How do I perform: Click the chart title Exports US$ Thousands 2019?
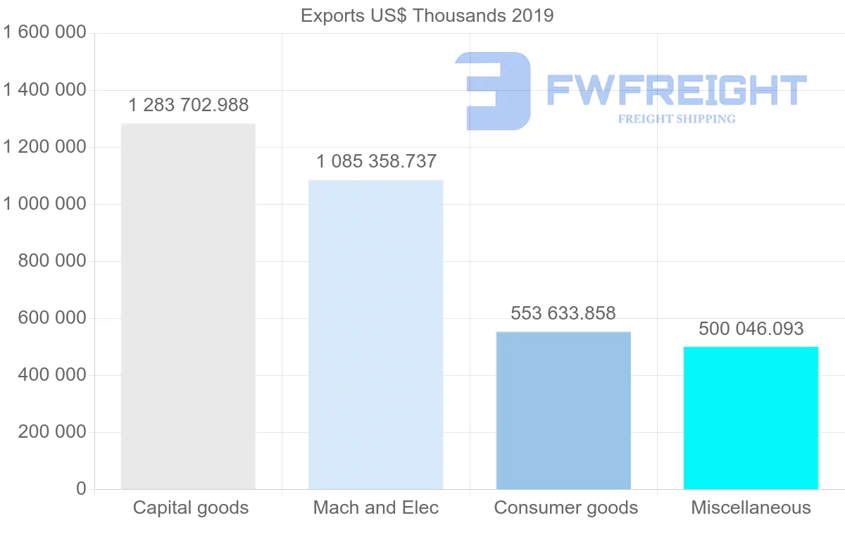coord(427,15)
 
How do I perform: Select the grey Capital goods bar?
coord(188,306)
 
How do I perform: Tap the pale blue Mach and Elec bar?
coord(376,334)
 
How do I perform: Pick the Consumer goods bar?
coord(563,410)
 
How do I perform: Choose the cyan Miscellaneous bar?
coord(751,418)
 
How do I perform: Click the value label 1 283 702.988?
coord(188,106)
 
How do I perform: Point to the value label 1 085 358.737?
coord(376,162)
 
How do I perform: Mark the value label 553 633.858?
coord(563,313)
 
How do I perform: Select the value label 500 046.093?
coord(751,329)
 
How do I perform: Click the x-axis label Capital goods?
coord(191,507)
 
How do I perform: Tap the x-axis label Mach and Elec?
coord(376,507)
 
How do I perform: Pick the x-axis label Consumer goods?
coord(566,507)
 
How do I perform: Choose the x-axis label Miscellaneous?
coord(751,507)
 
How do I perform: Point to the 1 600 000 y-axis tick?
coord(44,33)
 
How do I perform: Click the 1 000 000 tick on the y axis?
coord(44,204)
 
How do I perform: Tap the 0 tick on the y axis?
coord(81,489)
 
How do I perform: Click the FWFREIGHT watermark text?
coord(676,90)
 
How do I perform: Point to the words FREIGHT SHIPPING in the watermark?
coord(676,119)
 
